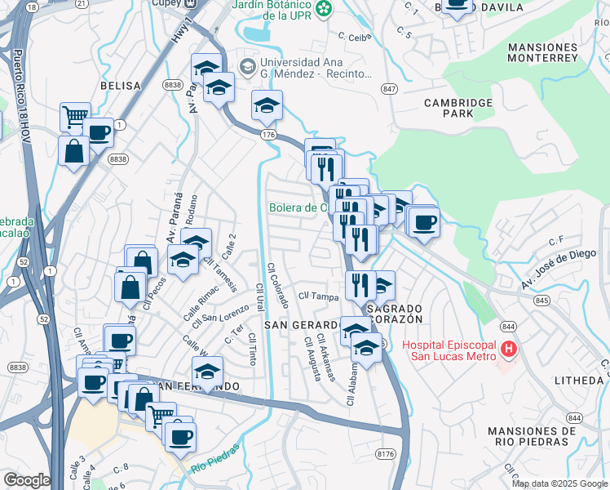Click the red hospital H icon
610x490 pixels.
(510, 350)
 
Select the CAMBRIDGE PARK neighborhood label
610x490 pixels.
(458, 109)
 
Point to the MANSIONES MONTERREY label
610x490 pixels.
(542, 52)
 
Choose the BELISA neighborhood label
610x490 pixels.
(120, 85)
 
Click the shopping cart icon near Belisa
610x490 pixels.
(75, 117)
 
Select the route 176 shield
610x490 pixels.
(267, 133)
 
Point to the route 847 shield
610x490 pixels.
(389, 87)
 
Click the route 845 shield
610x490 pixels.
(541, 300)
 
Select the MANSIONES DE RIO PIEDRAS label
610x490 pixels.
(526, 436)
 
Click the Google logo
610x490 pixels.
(27, 480)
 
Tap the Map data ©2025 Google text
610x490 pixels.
(559, 483)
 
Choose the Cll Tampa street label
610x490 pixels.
(318, 296)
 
